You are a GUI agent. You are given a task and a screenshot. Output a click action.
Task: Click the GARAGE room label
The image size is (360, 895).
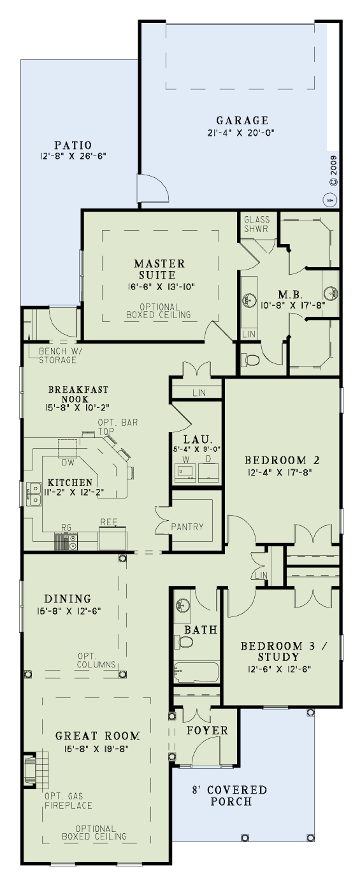click(x=242, y=120)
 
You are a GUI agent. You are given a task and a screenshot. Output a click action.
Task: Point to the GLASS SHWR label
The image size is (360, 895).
click(x=257, y=224)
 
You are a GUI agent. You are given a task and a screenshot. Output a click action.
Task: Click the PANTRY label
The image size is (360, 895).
click(x=187, y=527)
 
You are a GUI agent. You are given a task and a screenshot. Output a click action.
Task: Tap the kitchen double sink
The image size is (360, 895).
click(x=34, y=494)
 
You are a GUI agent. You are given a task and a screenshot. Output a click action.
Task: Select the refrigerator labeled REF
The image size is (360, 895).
click(x=113, y=538)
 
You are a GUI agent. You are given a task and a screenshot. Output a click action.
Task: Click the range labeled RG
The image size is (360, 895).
click(x=66, y=541)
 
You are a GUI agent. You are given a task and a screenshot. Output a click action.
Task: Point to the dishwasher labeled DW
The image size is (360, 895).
click(x=68, y=449)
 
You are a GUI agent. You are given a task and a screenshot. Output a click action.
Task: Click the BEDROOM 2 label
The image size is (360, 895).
click(x=282, y=460)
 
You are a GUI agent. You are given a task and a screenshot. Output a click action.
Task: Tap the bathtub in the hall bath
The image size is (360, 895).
click(x=196, y=673)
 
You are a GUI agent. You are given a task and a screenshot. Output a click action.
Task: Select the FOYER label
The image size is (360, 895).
click(x=207, y=731)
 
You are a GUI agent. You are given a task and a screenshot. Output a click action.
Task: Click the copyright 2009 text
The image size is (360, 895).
click(x=334, y=171)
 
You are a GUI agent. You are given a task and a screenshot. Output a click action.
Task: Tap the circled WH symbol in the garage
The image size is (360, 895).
click(x=331, y=200)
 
